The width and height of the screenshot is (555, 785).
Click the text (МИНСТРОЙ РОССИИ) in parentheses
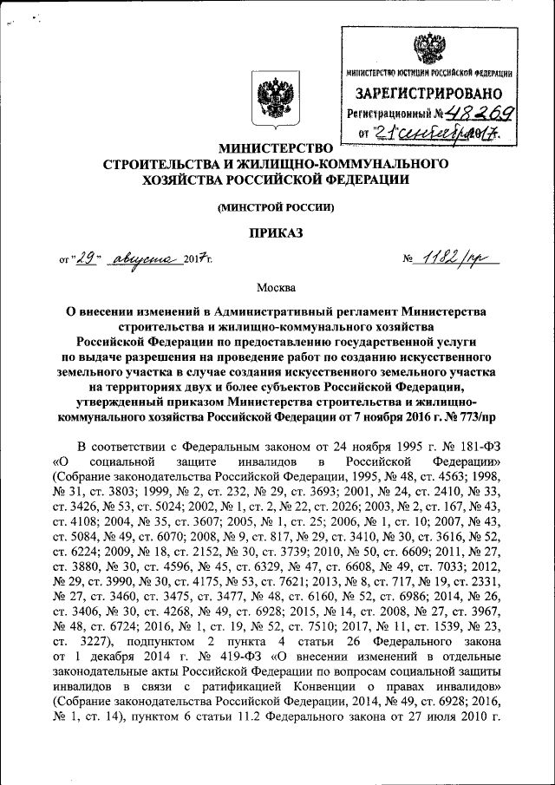pyautogui.click(x=274, y=206)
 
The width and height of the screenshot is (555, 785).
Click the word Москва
pyautogui.click(x=274, y=286)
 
